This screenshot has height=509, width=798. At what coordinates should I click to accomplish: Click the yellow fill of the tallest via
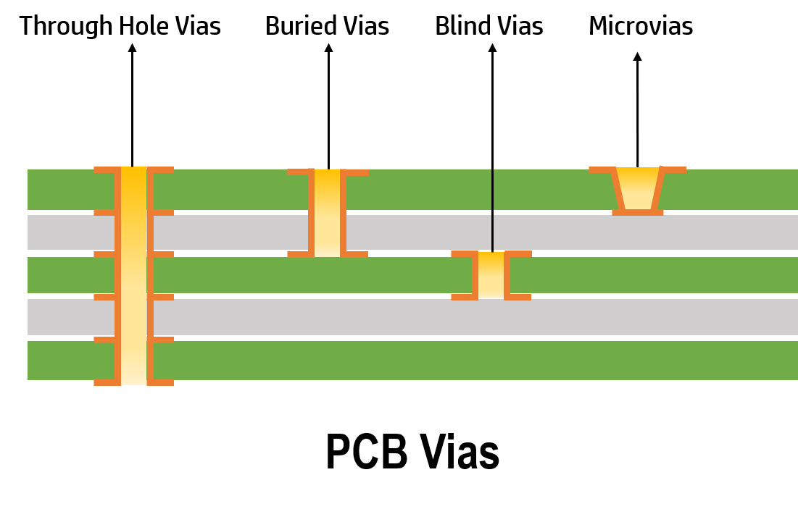coord(133,275)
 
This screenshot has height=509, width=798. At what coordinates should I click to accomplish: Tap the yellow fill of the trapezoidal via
coord(638,190)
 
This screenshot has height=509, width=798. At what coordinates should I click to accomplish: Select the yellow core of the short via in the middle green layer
coord(491,275)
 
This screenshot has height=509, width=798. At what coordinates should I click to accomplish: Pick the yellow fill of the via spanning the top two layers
coord(327,214)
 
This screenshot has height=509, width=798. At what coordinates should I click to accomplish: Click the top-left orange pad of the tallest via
coord(104,170)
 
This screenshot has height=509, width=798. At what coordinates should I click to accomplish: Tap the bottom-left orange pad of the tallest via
coord(104,382)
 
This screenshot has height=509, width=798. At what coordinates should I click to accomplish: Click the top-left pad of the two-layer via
coord(298,172)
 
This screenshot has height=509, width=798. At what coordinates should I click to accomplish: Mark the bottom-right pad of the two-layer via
coord(356,254)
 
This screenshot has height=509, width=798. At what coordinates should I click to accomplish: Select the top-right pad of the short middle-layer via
coord(520,254)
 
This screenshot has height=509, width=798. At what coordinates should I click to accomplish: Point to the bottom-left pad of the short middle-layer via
coord(462,297)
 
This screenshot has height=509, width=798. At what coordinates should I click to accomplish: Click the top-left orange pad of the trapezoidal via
coord(601,170)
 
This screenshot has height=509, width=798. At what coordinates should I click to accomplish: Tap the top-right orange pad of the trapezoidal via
coord(674,170)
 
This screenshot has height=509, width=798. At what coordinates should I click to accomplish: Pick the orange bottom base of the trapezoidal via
coord(638,212)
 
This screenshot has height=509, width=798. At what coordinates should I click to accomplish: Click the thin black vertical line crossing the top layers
coord(492,210)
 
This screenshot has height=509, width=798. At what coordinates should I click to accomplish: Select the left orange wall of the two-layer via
coord(311,214)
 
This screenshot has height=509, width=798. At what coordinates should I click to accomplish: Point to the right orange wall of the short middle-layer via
coord(507,275)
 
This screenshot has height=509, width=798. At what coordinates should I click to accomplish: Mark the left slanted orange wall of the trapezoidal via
coord(618,190)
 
